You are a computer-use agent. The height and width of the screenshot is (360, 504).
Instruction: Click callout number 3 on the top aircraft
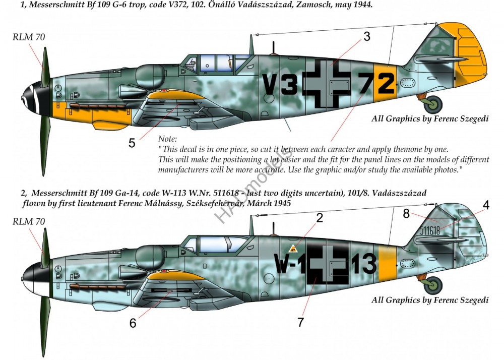pos(367,37)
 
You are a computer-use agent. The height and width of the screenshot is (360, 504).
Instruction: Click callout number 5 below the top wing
pos(132,143)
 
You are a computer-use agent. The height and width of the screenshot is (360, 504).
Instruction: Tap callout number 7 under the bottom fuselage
pos(300,322)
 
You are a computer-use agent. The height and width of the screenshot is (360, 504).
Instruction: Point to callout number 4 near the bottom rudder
pos(486,205)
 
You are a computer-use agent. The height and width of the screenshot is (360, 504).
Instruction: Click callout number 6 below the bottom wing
pos(133,323)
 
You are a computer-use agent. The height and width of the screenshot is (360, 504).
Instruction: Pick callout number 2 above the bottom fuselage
pos(319,218)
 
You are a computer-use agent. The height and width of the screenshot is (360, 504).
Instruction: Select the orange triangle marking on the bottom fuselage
pos(293,249)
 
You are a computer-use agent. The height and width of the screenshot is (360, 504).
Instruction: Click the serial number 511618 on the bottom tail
pos(430,230)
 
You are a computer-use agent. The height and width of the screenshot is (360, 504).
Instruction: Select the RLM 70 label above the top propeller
pos(29,37)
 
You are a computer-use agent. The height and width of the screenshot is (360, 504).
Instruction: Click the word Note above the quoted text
pos(167,139)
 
